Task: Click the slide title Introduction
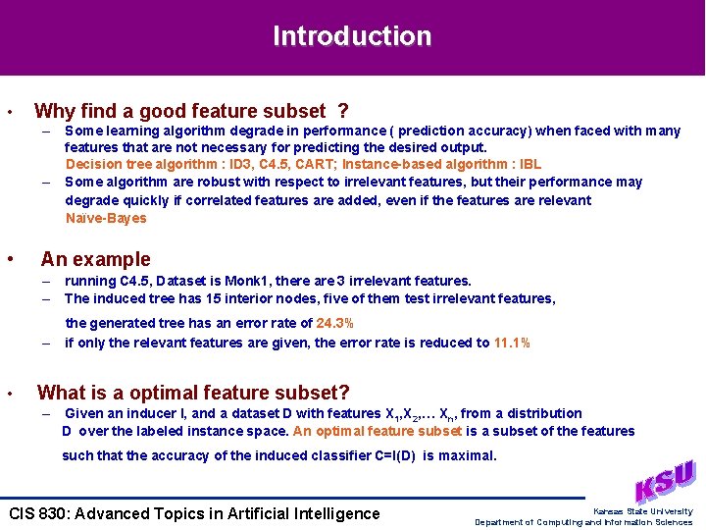[x=352, y=36]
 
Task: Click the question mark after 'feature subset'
[x=342, y=111]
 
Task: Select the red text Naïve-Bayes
[x=106, y=218]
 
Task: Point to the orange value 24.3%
[x=335, y=323]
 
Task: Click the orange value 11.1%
[x=512, y=343]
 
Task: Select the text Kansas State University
[x=643, y=511]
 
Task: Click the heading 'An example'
[x=95, y=259]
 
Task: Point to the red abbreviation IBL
[x=529, y=164]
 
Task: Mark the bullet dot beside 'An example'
[x=9, y=259]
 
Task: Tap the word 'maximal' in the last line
[x=468, y=455]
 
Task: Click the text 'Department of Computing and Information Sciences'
[x=583, y=522]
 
